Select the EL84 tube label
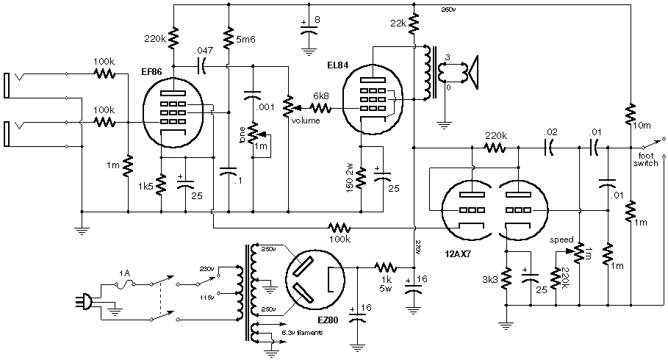pyautogui.click(x=338, y=64)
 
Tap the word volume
pyautogui.click(x=306, y=120)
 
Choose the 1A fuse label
pyautogui.click(x=125, y=272)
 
